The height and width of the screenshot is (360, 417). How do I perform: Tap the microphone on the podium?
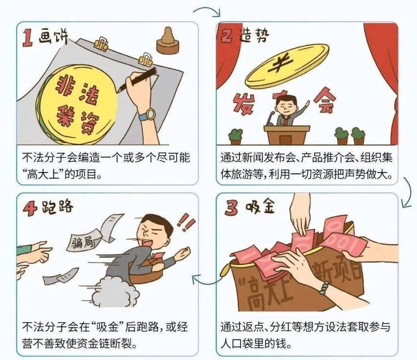(271, 118)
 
